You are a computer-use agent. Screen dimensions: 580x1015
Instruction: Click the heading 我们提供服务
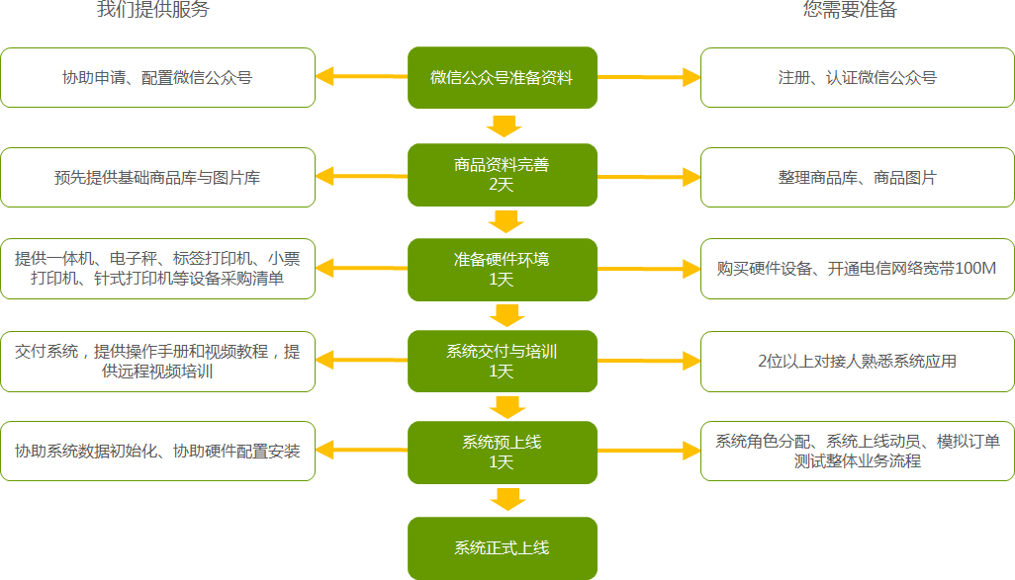click(153, 11)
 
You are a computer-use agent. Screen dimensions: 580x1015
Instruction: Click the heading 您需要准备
click(850, 11)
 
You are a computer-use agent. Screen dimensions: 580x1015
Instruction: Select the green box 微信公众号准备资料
click(502, 77)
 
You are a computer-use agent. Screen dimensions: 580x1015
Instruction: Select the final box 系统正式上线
click(502, 547)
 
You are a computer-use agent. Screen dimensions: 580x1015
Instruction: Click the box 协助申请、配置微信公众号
click(157, 77)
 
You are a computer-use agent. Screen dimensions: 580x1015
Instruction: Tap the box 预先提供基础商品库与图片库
click(157, 178)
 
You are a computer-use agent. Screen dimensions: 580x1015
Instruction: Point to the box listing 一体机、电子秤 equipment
click(157, 269)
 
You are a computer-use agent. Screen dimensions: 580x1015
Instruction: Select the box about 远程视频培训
click(157, 361)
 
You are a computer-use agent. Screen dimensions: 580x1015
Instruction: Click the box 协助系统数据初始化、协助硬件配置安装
click(157, 452)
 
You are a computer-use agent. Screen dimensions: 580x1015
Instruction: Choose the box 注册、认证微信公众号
click(857, 77)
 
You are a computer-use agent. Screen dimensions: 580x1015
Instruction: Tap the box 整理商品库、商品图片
click(857, 178)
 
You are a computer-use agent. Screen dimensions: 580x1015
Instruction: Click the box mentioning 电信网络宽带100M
click(857, 269)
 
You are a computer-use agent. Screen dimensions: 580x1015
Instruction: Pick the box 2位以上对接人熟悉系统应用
click(857, 361)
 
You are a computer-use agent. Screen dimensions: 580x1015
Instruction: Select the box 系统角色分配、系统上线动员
click(857, 452)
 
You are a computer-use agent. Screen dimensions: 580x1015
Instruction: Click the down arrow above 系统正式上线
click(507, 499)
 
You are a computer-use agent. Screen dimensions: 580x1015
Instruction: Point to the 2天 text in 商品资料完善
click(502, 184)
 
